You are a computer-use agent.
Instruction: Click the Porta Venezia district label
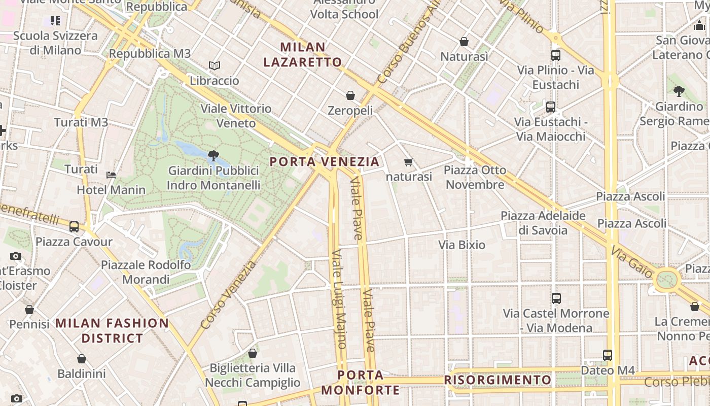pos(324,162)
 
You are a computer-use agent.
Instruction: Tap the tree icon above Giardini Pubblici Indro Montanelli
pos(214,155)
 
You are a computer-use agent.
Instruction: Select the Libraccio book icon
pos(215,66)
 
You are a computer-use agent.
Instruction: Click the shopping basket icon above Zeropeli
pos(350,95)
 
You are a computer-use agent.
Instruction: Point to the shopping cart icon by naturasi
pos(409,162)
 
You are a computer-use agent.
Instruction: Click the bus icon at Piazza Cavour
pos(74,227)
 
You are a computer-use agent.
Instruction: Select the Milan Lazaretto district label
pos(311,55)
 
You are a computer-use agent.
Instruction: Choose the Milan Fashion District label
pos(112,330)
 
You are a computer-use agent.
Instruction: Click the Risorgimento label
pos(498,380)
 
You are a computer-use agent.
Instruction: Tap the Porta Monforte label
pos(361,383)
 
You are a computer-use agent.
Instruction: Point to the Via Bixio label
pos(461,245)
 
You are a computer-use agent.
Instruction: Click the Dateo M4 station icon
pos(608,355)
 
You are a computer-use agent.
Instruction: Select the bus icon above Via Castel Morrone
pos(556,298)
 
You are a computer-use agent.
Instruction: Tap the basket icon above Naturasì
pos(464,42)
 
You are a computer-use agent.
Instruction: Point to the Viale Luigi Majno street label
pos(339,299)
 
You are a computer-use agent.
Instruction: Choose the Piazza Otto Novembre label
pos(475,177)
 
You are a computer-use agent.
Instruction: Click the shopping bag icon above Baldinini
pos(82,359)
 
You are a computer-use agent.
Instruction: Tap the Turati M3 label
pos(81,122)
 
